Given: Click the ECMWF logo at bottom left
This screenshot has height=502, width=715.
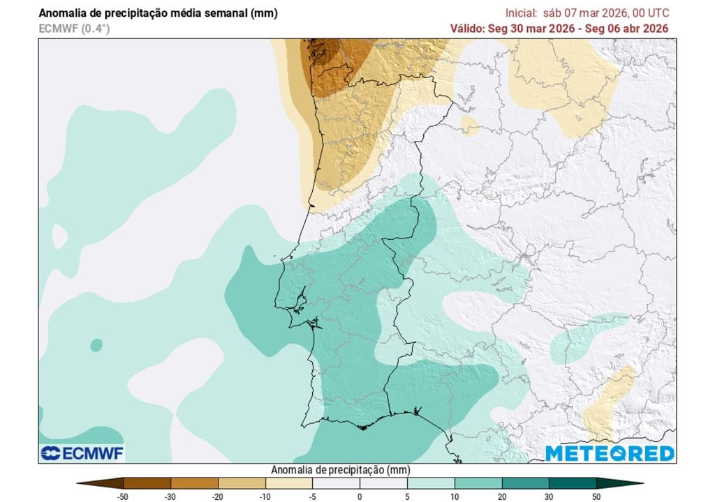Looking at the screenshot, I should [x=82, y=453].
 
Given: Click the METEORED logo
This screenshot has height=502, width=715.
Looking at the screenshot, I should [x=610, y=453].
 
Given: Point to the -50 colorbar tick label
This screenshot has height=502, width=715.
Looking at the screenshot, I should [x=123, y=496].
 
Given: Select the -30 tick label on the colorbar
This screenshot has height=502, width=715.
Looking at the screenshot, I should [x=170, y=496].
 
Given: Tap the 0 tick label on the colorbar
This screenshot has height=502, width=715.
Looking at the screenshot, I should [x=360, y=496].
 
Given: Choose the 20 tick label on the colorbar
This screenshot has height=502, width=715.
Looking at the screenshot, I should [x=501, y=496].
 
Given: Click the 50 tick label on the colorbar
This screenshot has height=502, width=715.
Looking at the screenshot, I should [x=596, y=496].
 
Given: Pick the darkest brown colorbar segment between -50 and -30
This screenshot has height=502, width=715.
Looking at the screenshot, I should [x=147, y=482].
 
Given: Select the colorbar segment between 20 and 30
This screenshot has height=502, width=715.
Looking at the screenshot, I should [x=525, y=482].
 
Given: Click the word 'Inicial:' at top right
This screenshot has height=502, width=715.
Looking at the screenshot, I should [x=522, y=13].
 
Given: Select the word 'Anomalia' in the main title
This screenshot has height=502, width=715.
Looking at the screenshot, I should [x=62, y=13].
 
